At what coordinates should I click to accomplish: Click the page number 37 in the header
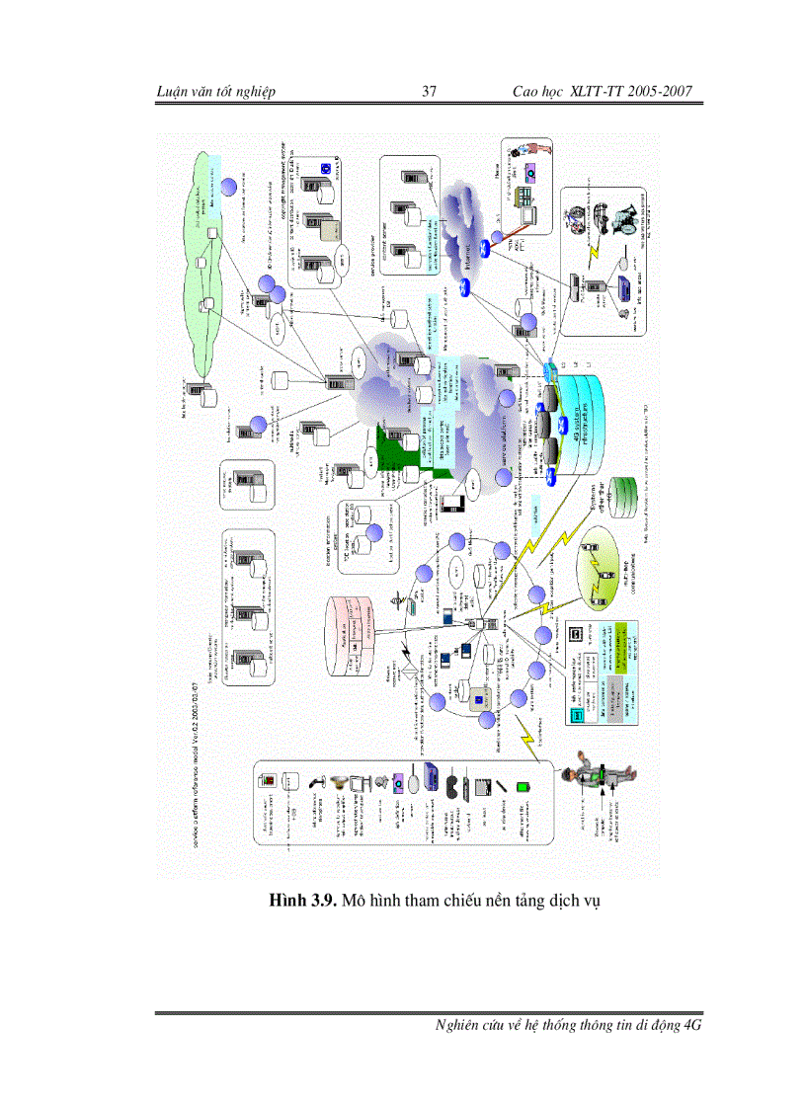pos(430,92)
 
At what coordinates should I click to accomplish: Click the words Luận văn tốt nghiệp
pos(215,92)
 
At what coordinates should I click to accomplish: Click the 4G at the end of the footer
pos(691,1025)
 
